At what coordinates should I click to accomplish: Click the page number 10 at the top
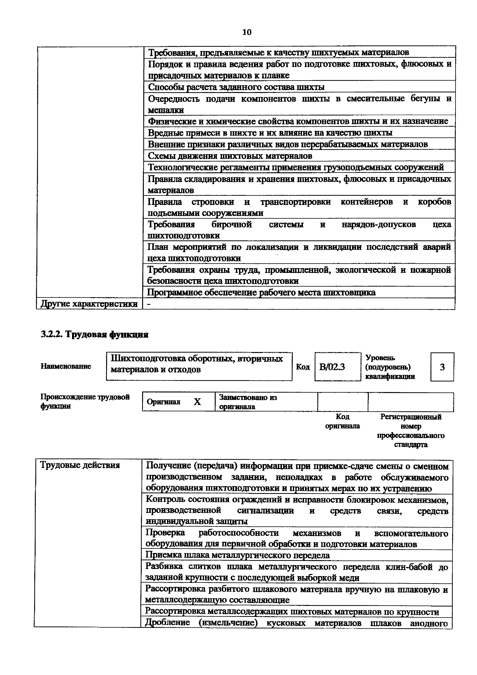(x=247, y=32)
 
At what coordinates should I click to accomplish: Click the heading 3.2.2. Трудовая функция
(x=94, y=334)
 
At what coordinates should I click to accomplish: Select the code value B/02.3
(x=332, y=367)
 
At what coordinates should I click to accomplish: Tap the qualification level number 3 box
(x=442, y=367)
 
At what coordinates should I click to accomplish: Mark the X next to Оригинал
(x=197, y=401)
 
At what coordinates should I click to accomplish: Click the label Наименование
(x=66, y=366)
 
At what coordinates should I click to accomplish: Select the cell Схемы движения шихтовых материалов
(x=230, y=156)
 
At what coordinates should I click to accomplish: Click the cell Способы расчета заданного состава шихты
(x=236, y=87)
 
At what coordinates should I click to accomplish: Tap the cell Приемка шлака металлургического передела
(x=238, y=555)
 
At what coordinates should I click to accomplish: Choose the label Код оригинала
(x=342, y=421)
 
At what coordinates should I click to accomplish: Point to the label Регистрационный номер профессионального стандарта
(x=411, y=430)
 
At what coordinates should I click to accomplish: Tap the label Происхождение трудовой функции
(x=85, y=401)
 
